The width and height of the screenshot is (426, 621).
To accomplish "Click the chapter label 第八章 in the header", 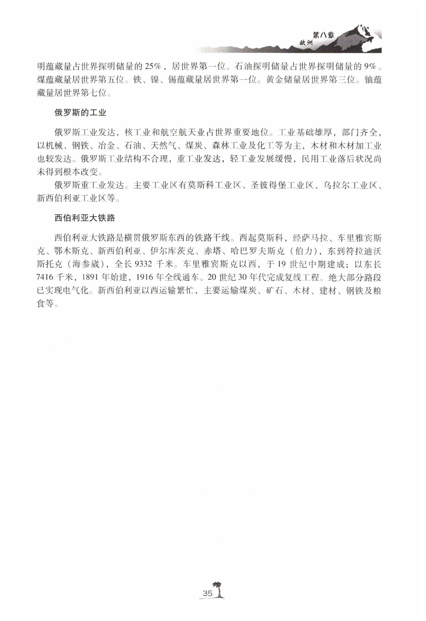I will [x=323, y=35].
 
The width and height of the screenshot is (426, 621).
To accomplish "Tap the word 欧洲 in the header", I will [x=306, y=43].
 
